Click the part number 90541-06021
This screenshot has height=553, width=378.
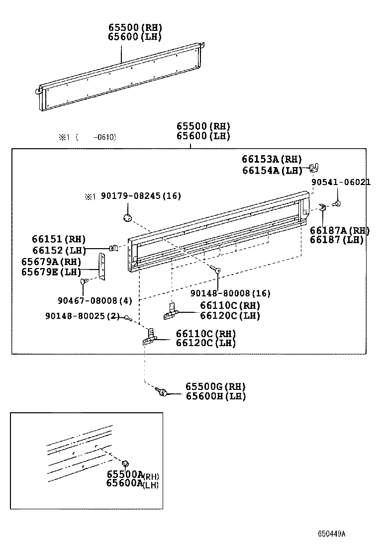(341, 183)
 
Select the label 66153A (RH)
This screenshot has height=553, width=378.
(272, 159)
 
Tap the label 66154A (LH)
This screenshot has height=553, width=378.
(272, 171)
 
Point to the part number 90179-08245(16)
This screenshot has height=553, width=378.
(141, 196)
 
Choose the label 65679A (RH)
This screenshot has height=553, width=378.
(51, 262)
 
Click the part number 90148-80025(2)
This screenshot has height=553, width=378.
(82, 316)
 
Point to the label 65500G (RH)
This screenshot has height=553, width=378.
(215, 386)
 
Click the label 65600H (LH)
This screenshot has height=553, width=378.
(215, 396)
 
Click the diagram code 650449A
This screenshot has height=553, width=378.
(332, 534)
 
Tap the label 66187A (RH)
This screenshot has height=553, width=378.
(340, 230)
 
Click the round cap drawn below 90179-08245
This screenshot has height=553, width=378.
(127, 217)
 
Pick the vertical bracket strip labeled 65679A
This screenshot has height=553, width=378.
(102, 267)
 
